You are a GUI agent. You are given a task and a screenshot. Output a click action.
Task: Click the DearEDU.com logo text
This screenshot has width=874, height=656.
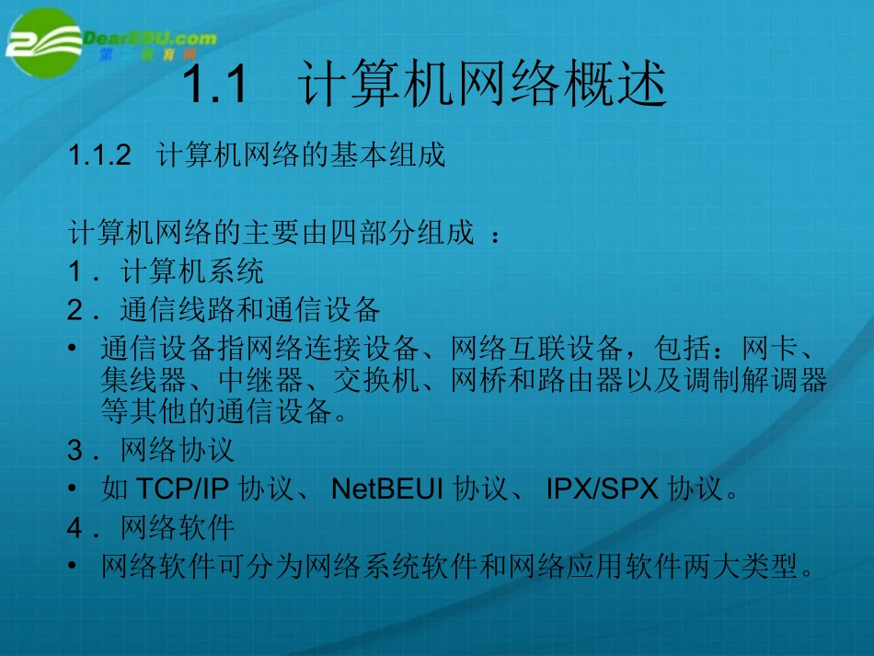tap(150, 39)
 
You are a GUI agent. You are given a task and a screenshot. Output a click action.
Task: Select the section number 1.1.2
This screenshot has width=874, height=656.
tap(101, 155)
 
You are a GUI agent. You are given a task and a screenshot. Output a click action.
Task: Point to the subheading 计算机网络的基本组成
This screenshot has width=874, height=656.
tap(302, 155)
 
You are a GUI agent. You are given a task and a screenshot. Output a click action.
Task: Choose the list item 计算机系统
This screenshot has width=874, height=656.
tap(192, 271)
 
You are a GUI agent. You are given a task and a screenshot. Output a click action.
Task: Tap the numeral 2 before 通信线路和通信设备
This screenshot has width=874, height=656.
tap(75, 310)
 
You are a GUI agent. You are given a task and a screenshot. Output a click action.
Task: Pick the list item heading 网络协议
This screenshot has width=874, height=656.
tap(178, 450)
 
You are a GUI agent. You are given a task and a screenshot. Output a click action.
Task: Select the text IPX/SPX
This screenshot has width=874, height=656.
tap(603, 489)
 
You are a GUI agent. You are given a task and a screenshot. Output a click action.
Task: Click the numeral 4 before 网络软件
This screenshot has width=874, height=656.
tap(75, 527)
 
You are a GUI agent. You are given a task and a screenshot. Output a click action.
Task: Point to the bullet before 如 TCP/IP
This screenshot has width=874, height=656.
tap(75, 489)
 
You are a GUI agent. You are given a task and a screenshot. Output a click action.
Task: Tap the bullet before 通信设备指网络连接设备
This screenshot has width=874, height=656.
tap(75, 351)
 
